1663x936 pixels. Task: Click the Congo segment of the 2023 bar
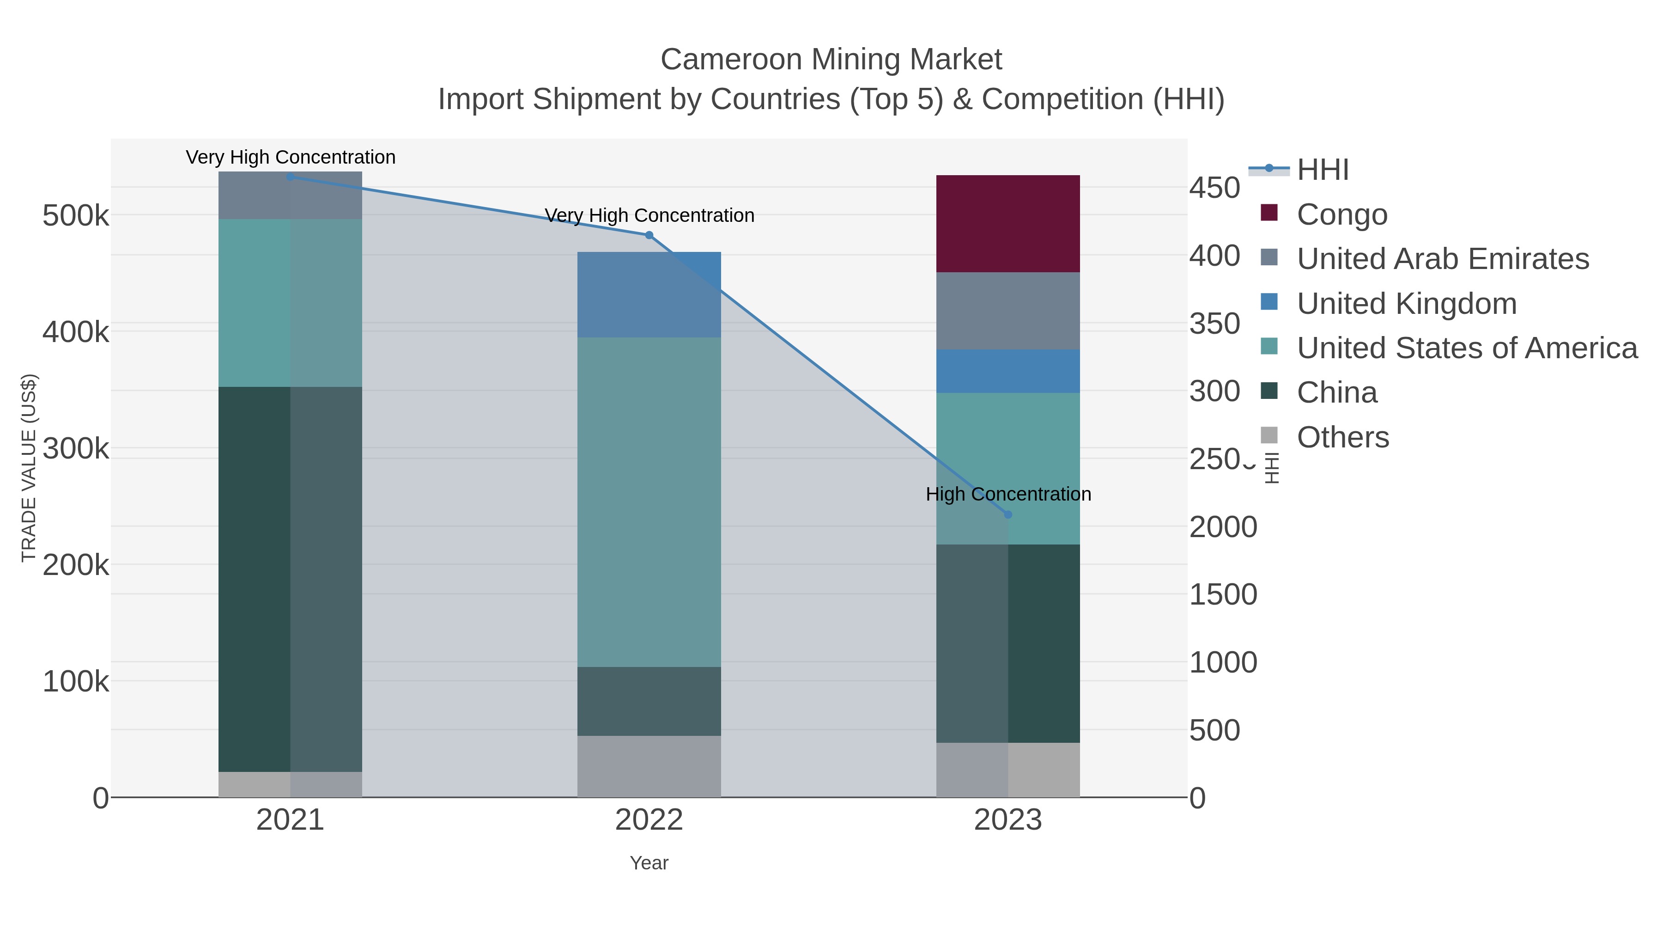(x=1008, y=224)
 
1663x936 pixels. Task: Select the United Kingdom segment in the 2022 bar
(x=649, y=294)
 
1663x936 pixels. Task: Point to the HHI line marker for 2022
(x=649, y=235)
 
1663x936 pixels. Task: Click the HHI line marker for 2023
(x=1008, y=514)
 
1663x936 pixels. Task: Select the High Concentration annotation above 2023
(x=1008, y=494)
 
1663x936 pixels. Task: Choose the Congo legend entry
(x=1341, y=214)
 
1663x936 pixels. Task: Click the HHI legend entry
(x=1322, y=170)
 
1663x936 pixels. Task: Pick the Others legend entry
(x=1342, y=437)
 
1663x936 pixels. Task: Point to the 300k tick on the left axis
(x=76, y=448)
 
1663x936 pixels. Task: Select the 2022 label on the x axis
(x=649, y=820)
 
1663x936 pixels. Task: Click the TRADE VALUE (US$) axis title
(x=29, y=468)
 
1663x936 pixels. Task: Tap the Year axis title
(x=649, y=863)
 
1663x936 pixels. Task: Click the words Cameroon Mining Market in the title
(x=831, y=60)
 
